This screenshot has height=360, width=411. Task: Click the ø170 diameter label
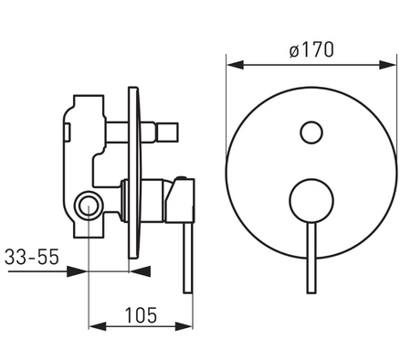311,49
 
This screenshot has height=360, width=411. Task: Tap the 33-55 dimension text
32,257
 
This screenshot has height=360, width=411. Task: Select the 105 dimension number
141,315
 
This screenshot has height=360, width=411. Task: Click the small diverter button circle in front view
311,132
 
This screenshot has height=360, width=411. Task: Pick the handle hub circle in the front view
311,201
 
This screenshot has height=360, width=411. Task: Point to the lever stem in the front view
311,258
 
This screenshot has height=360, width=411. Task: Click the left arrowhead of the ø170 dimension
236,65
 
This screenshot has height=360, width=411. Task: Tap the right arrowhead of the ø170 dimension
387,65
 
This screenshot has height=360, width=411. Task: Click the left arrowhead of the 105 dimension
98,326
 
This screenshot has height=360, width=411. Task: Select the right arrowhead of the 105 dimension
184,326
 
